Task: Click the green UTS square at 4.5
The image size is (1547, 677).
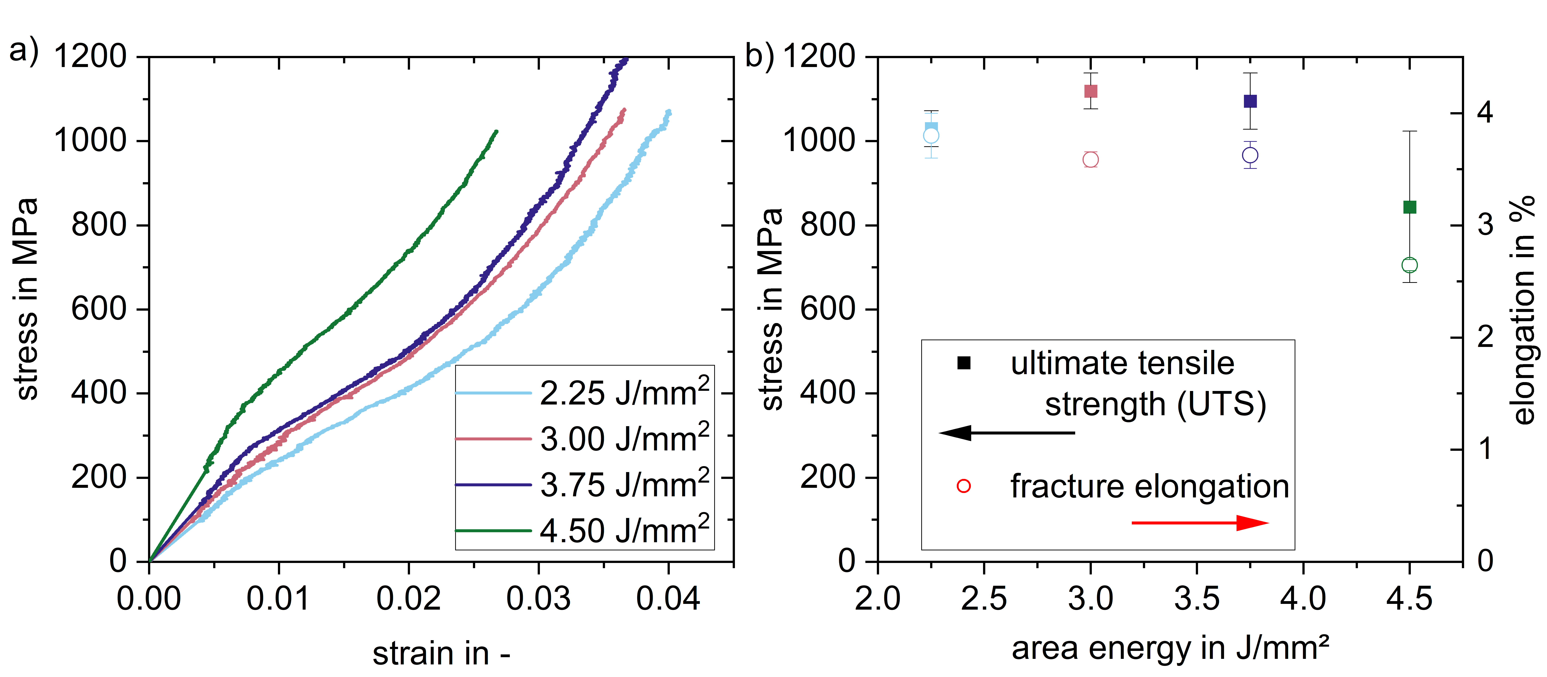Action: click(1410, 207)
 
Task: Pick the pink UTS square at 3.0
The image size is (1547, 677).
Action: click(1091, 91)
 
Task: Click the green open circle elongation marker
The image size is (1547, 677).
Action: click(1410, 265)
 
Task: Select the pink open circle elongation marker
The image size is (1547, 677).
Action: click(1091, 160)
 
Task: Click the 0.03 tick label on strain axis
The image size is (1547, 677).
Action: click(538, 599)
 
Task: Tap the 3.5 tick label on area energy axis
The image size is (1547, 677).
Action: click(1197, 599)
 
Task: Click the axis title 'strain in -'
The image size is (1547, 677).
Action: click(441, 653)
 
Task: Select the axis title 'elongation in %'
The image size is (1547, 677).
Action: click(1524, 310)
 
